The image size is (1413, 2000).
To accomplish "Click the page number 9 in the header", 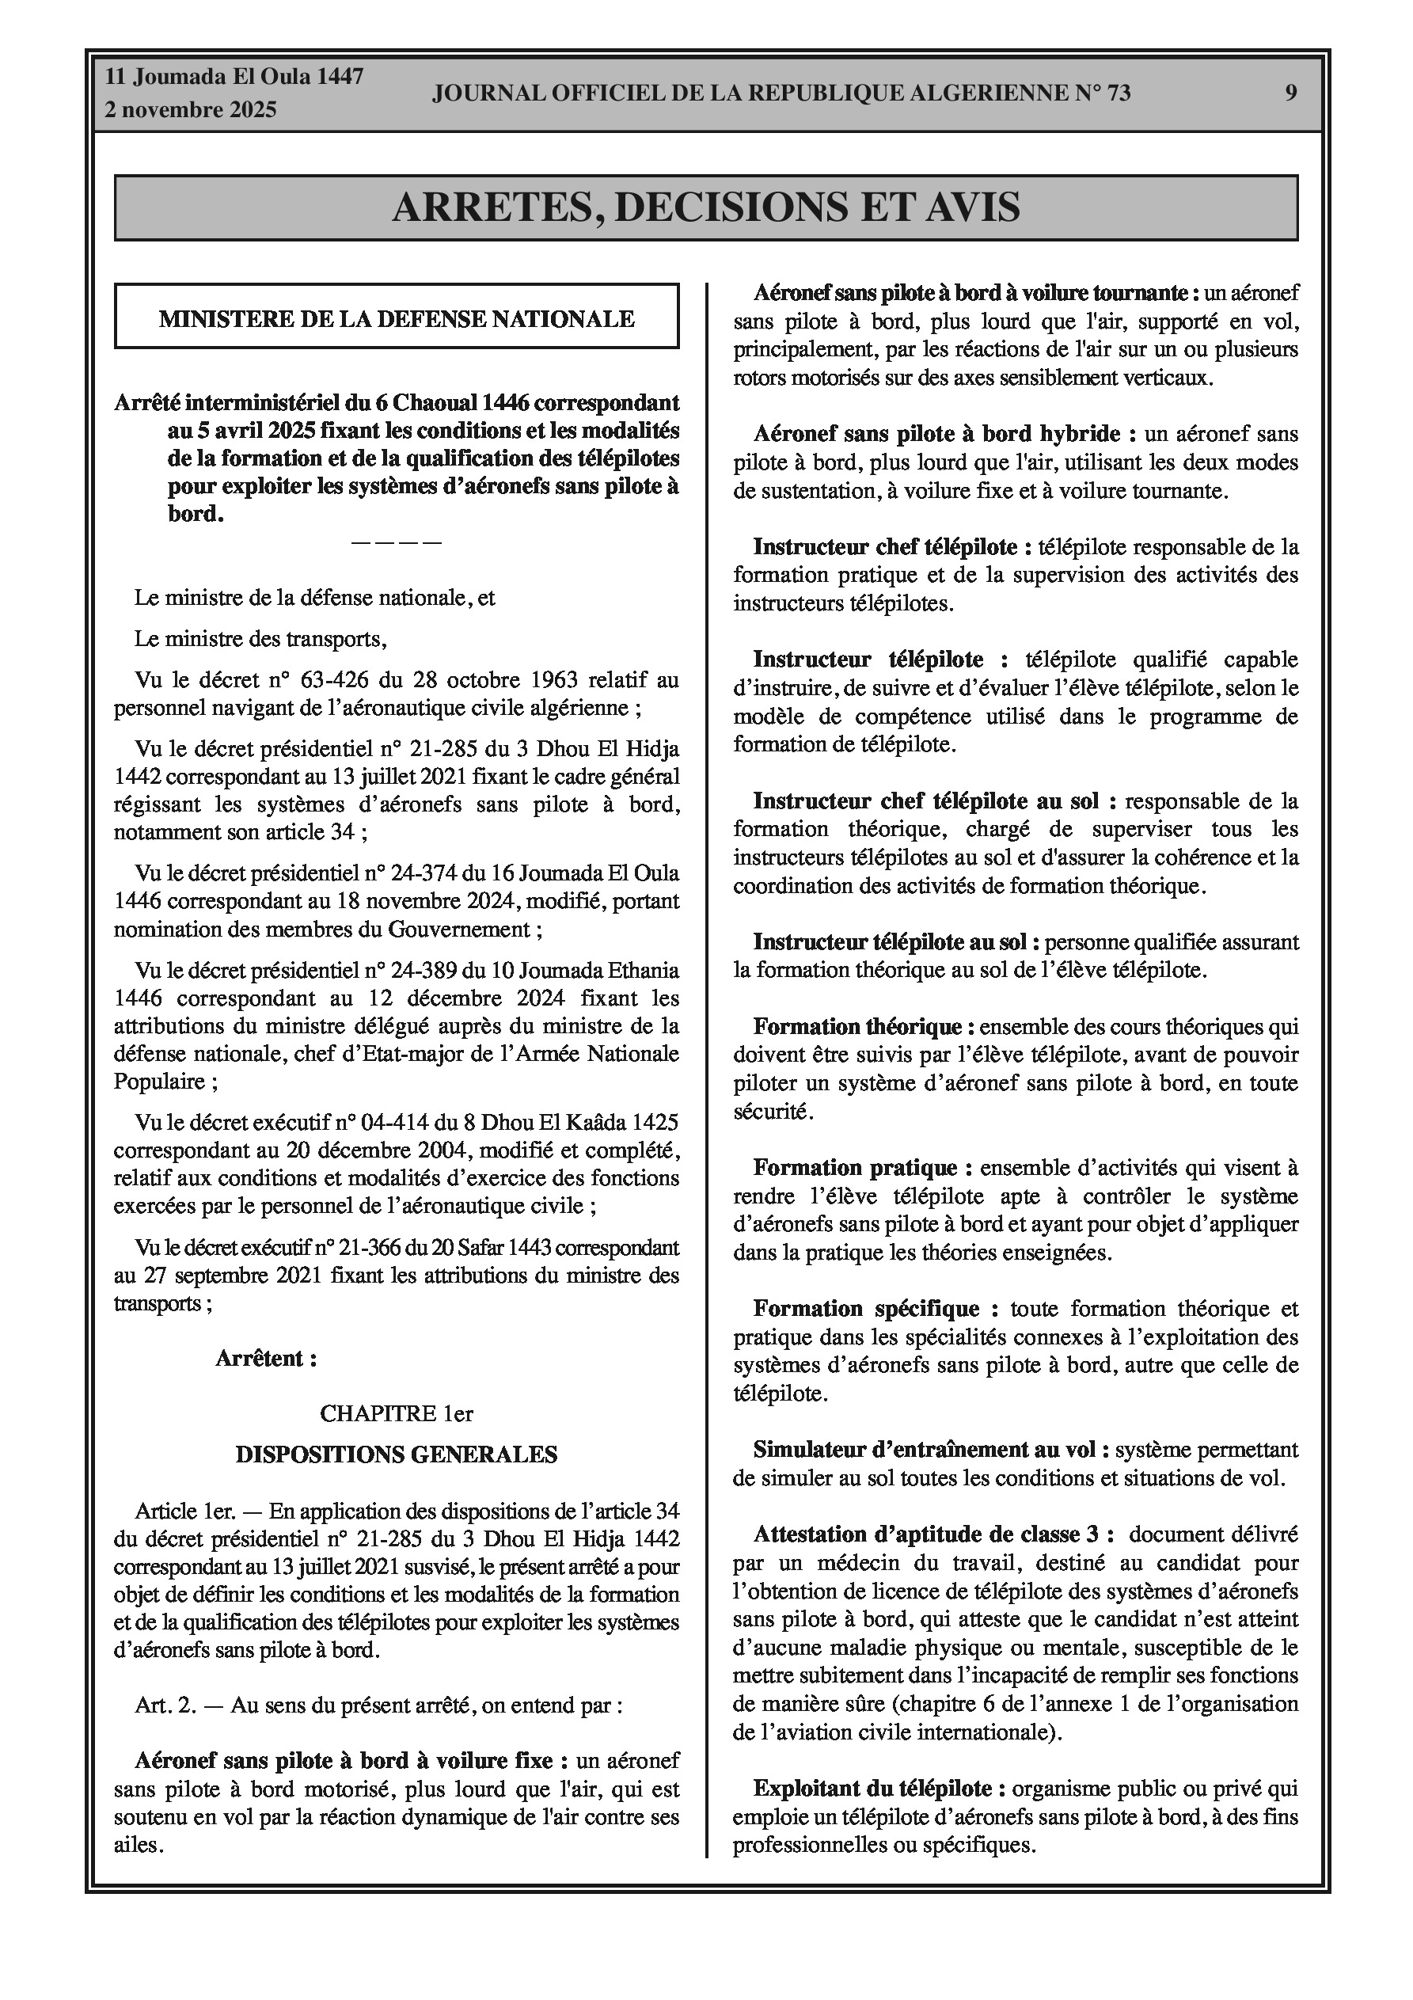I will pos(1290,93).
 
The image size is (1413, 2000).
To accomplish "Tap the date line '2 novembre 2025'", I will pos(191,110).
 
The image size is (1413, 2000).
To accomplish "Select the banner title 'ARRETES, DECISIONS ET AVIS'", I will pos(705,207).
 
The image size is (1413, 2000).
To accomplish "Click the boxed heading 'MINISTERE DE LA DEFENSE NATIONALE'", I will pos(397,319).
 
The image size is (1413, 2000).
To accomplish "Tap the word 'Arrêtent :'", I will pos(266,1358).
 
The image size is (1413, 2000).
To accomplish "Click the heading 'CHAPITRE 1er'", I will pos(397,1413).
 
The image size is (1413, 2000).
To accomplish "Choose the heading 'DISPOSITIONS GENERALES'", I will pos(397,1454).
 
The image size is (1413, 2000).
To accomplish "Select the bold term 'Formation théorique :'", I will pos(864,1027).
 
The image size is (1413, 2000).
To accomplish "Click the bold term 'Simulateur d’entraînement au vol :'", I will pos(931,1450).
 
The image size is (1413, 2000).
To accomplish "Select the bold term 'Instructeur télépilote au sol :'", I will pos(896,941).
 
